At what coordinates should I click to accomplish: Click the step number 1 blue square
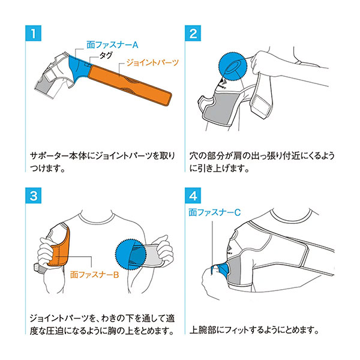[33, 33]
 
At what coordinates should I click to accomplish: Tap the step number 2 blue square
[193, 33]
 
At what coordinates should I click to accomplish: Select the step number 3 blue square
[33, 196]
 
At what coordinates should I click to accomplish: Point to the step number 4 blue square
[193, 196]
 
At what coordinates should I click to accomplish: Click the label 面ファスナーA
[113, 45]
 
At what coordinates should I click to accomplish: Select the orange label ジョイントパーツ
[152, 62]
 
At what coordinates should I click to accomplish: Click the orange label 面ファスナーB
[95, 275]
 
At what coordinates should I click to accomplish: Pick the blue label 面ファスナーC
[214, 212]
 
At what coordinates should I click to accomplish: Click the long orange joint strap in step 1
[130, 85]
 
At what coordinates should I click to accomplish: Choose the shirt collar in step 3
[97, 218]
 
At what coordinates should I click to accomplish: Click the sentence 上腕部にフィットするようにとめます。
[254, 330]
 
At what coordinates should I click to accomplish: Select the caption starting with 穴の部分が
[262, 162]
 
